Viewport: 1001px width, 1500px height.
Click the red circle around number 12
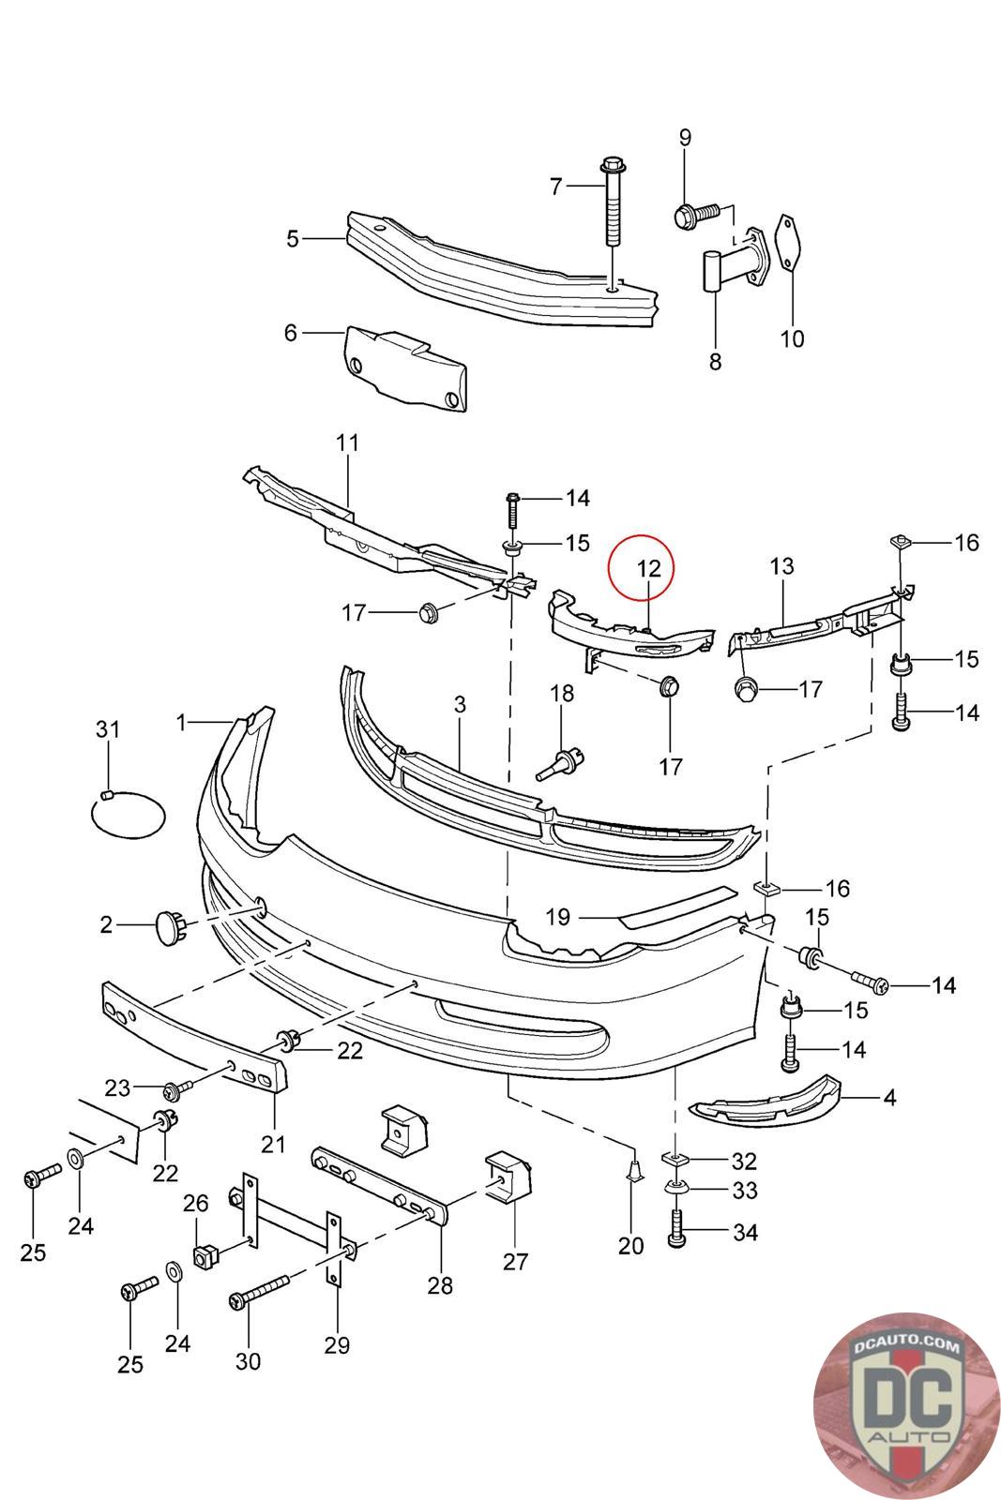[x=640, y=566]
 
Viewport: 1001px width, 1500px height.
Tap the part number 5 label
[x=293, y=239]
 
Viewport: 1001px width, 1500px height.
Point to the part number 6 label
[x=290, y=332]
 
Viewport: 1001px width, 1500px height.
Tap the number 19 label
[x=557, y=916]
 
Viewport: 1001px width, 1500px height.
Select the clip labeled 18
[x=560, y=759]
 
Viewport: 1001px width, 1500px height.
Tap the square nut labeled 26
[x=205, y=1253]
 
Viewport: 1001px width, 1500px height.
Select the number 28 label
[x=439, y=1285]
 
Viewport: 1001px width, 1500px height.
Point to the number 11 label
[x=347, y=442]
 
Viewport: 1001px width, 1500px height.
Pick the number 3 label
[x=460, y=704]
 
